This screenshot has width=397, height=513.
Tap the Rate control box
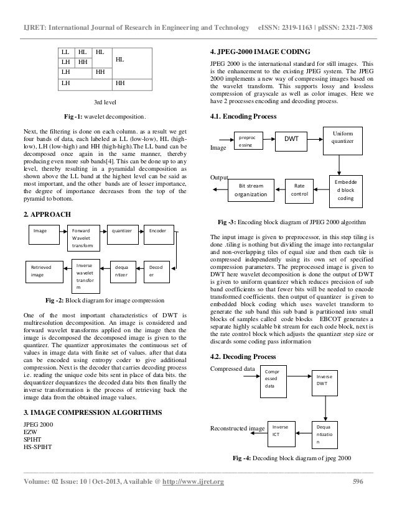[299, 188]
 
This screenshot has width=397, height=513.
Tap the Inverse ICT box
[281, 432]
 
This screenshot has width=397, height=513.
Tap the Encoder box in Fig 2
[158, 231]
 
